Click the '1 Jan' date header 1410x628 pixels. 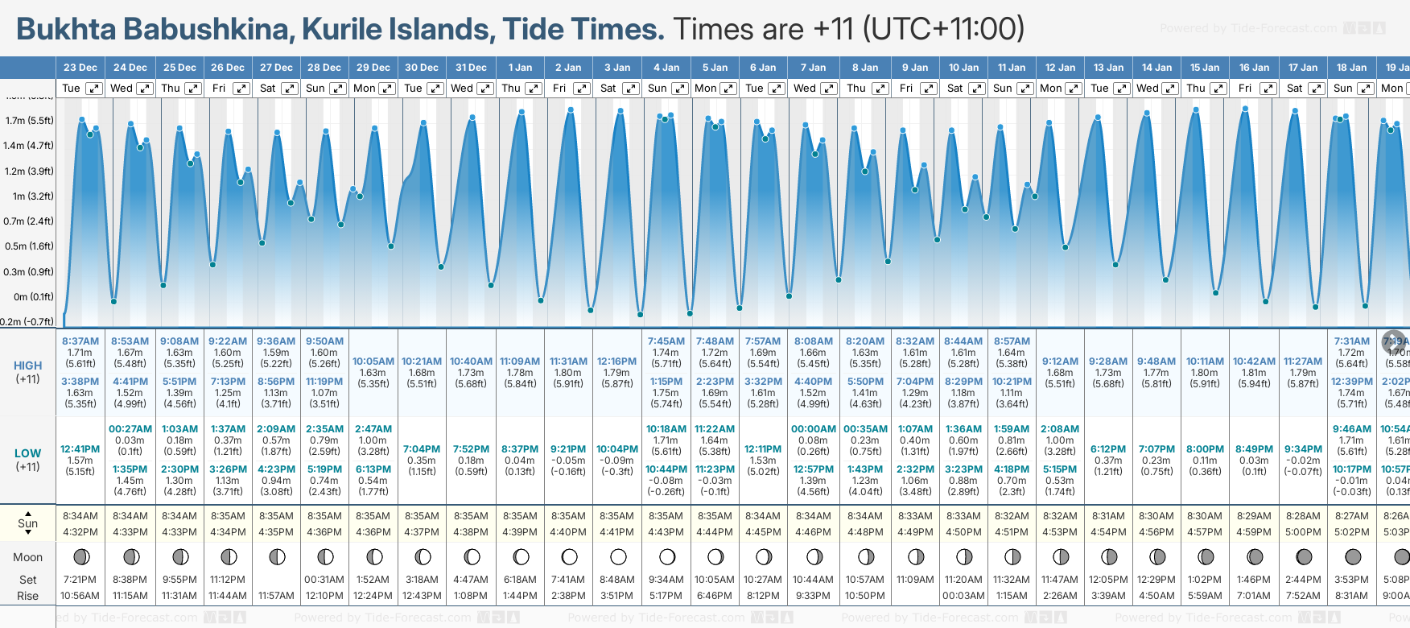(520, 68)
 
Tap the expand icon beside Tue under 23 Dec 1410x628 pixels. (94, 89)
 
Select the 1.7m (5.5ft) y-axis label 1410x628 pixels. (29, 121)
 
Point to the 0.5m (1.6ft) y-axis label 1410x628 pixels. (29, 246)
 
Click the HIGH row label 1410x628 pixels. (27, 366)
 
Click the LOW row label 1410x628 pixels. (27, 453)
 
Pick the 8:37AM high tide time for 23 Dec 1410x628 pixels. (80, 341)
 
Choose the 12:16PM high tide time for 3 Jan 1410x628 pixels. (617, 362)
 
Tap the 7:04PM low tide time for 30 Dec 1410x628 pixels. (422, 449)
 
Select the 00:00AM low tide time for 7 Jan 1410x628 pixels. (813, 429)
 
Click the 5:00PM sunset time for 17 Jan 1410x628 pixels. (1303, 532)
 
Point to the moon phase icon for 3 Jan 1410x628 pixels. (618, 557)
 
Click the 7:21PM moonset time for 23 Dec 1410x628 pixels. (80, 580)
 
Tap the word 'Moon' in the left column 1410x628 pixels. (27, 557)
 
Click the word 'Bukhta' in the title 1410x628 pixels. (68, 30)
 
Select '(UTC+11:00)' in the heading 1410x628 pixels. (943, 30)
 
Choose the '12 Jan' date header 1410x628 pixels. (1060, 68)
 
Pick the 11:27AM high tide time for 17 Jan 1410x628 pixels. (1303, 362)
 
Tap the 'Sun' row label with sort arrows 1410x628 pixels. (27, 523)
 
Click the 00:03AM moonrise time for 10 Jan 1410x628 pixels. (963, 596)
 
